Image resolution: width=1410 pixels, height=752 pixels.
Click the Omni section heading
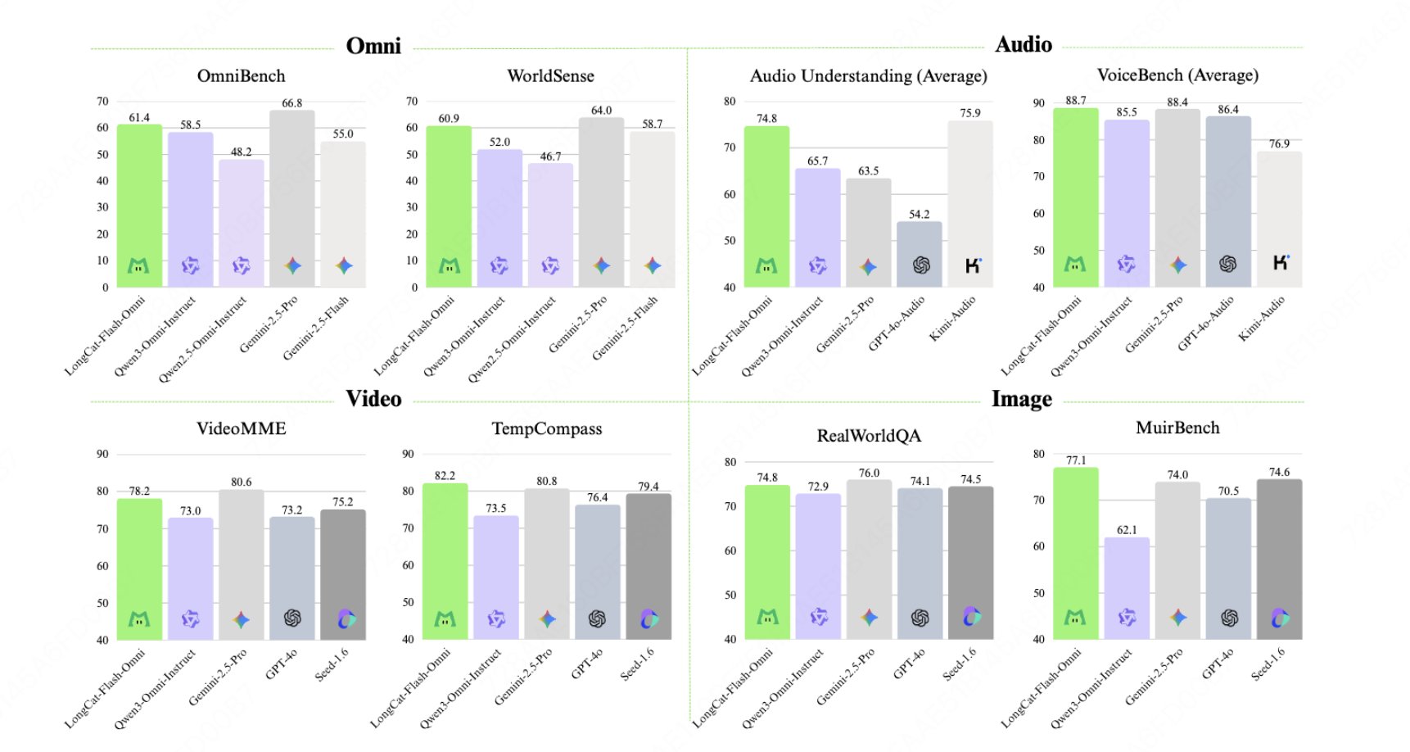tap(373, 46)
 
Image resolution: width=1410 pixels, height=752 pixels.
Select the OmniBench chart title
tap(242, 76)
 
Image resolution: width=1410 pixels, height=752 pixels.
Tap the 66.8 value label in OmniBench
tap(292, 103)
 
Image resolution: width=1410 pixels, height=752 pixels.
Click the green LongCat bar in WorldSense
tap(449, 205)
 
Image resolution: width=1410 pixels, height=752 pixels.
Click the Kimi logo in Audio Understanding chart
tap(973, 265)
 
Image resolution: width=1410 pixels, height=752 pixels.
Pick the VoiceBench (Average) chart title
tap(1177, 75)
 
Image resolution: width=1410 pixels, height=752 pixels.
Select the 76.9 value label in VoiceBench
tap(1279, 144)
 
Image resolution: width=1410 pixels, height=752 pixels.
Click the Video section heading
tap(373, 399)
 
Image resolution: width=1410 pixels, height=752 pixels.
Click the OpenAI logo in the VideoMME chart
tap(292, 618)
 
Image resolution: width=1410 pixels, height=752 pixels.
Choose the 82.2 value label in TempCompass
tap(445, 476)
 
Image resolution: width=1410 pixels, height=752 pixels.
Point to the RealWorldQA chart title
tap(869, 436)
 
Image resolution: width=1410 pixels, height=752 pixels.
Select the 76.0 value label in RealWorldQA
tap(869, 473)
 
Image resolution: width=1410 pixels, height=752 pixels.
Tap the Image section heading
tap(1022, 399)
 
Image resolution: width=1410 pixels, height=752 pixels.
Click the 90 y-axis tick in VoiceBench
tap(1039, 103)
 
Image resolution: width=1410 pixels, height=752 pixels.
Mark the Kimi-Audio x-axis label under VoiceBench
tap(1262, 319)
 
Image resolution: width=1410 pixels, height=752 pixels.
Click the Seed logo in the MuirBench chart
tap(1280, 618)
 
